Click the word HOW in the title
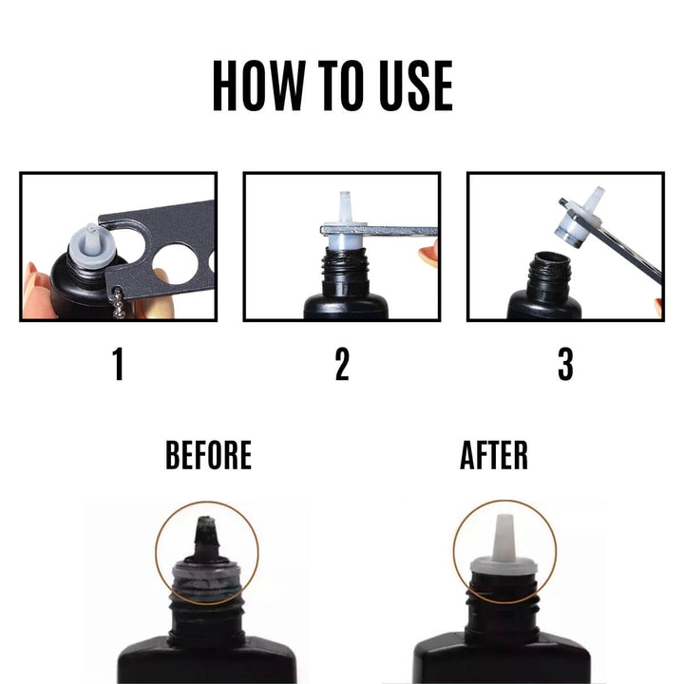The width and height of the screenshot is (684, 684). (258, 85)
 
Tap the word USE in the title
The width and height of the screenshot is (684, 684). (416, 85)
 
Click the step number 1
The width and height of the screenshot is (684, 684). (118, 364)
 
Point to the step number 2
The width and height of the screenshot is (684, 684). (342, 364)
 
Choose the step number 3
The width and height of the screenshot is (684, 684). (565, 364)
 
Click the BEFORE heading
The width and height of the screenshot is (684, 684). (208, 455)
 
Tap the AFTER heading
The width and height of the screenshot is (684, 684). (494, 455)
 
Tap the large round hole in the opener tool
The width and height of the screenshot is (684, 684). (176, 264)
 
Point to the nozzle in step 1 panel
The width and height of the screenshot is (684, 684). (92, 243)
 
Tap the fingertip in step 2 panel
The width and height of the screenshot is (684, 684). (428, 252)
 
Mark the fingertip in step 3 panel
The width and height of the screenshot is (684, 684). (658, 306)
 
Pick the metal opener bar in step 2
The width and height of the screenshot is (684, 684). (379, 230)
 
